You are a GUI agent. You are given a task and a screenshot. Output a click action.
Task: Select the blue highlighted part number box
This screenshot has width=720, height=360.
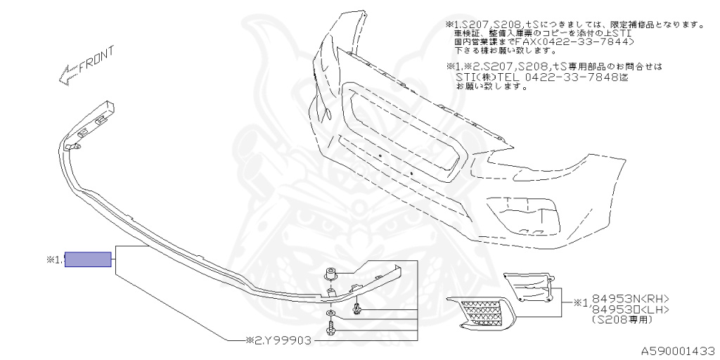click(88, 259)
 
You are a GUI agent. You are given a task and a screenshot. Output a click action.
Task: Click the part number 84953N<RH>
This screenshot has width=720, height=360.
click(630, 298)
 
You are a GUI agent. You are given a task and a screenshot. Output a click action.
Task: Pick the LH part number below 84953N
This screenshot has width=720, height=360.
click(630, 309)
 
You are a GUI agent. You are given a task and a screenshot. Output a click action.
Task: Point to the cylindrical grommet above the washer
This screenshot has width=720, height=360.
click(330, 274)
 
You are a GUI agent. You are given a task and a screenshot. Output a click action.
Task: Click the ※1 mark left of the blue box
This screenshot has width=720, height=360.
click(54, 260)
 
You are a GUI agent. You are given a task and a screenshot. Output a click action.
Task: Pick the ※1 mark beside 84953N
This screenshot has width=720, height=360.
click(581, 303)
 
